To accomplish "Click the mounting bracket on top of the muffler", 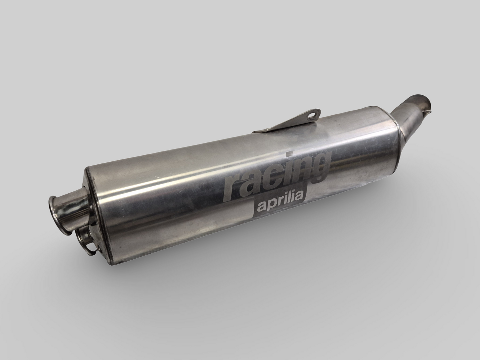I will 292,123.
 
